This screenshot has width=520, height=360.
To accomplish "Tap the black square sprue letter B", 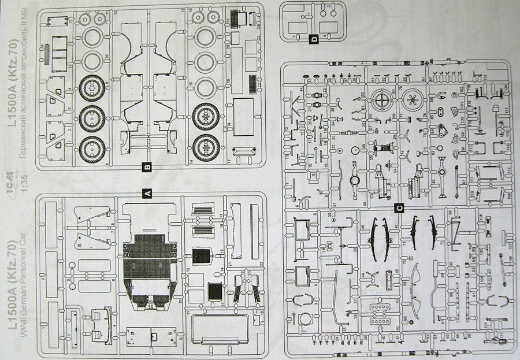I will [x=147, y=167].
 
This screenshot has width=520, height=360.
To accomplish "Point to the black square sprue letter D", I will [x=313, y=39].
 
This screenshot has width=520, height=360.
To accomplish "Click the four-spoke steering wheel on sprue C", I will [x=383, y=100].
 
